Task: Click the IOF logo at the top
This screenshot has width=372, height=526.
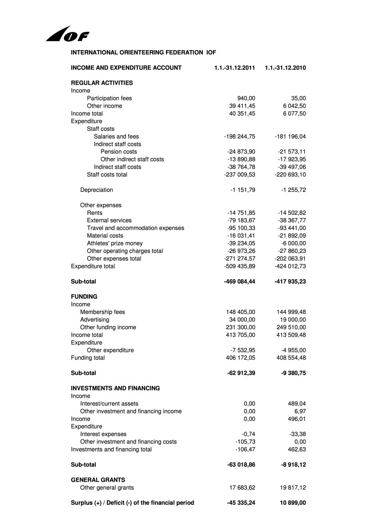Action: pos(67,34)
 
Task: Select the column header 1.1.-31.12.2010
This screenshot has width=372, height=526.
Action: pos(285,68)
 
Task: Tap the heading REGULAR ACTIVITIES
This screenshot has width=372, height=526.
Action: pos(102,83)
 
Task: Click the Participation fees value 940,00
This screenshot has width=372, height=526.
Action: pos(246,98)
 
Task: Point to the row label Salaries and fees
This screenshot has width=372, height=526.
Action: pos(116,136)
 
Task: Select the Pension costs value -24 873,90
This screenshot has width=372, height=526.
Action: pos(241,152)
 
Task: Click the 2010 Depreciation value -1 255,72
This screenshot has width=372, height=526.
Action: pos(292,190)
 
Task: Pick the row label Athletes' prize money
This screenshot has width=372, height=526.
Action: pos(115,243)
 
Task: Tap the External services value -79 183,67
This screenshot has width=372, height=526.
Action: pos(241,220)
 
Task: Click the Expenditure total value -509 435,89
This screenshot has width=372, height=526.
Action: pos(240,266)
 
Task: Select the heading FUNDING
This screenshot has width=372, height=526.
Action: pos(84,296)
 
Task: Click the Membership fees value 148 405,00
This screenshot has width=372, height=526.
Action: pos(240,312)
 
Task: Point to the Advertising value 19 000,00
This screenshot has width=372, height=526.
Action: pos(291,319)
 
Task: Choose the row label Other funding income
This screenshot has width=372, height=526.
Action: pos(108,327)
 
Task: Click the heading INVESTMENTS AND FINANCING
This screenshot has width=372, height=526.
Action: pos(115,388)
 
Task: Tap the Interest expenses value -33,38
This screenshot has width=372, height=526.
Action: pos(297,434)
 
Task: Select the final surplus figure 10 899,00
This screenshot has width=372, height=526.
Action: pos(291,503)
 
